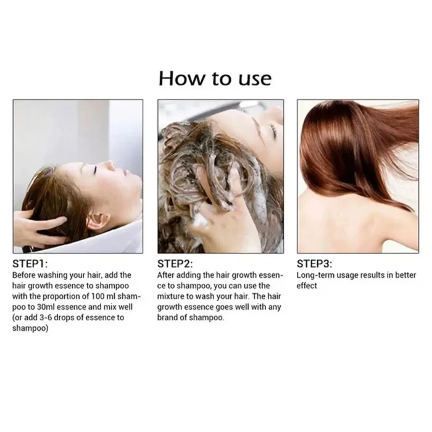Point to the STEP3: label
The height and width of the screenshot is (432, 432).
coord(315,264)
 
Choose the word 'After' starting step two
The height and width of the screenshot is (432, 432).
coord(167,275)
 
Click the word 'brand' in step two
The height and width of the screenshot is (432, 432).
coord(170,317)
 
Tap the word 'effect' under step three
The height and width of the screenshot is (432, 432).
coord(307,286)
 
